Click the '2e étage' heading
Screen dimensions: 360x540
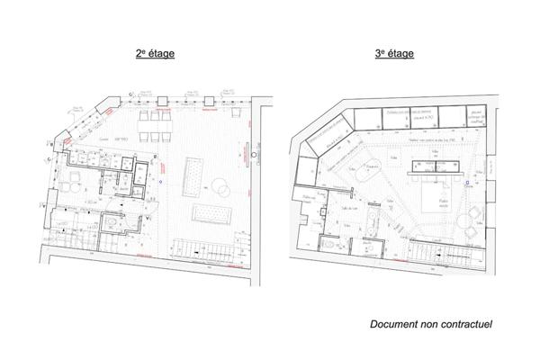point(155,54)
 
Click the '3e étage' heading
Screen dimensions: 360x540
point(394,54)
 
